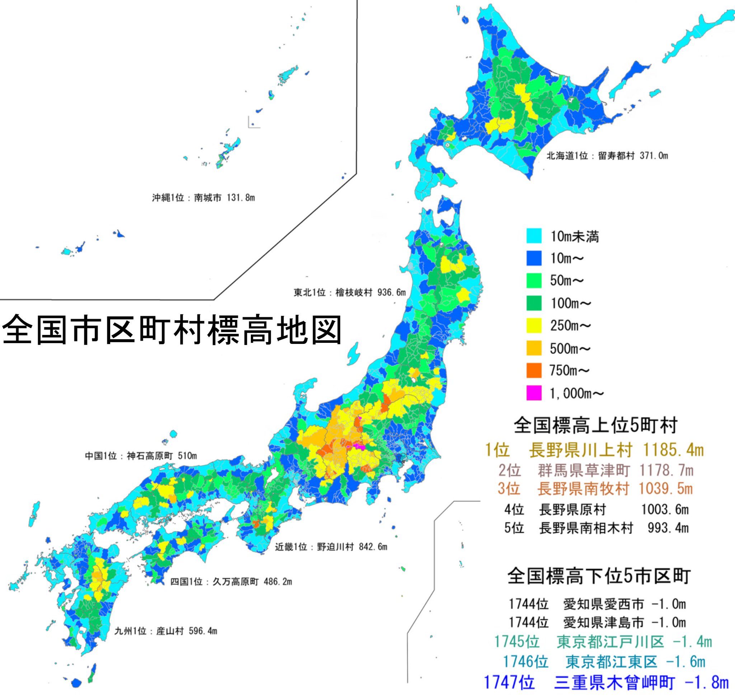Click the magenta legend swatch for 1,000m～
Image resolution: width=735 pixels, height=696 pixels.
click(534, 393)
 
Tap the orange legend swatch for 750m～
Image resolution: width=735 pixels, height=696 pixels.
click(534, 370)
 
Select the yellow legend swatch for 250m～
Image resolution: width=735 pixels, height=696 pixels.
click(534, 325)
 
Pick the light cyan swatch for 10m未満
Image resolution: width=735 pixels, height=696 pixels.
click(534, 236)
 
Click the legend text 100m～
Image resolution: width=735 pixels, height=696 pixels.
click(570, 303)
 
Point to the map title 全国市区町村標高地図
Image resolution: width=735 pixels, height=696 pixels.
click(172, 330)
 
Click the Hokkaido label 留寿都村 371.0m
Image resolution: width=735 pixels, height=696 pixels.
click(607, 156)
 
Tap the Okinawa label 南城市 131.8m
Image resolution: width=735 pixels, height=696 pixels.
click(203, 198)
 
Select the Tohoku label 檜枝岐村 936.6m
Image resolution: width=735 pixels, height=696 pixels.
click(350, 293)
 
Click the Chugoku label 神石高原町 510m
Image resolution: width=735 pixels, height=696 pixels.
click(141, 456)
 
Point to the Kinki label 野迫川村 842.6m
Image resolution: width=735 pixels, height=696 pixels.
click(331, 547)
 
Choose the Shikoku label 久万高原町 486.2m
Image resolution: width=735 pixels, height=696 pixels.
click(231, 582)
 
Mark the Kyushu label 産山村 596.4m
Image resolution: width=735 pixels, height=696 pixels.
click(165, 631)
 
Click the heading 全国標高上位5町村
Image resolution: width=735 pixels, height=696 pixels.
click(595, 426)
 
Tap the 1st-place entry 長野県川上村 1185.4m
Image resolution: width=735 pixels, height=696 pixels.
click(594, 450)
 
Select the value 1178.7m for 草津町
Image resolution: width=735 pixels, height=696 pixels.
click(666, 471)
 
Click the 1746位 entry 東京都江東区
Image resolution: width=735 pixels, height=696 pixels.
click(604, 662)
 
